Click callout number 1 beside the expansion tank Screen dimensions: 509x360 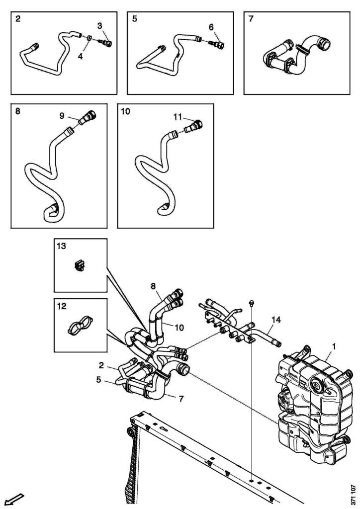tap(335, 345)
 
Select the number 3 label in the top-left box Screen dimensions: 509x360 tap(100, 25)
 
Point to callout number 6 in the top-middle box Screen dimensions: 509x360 tap(211, 27)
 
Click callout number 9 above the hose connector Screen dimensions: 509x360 tap(62, 116)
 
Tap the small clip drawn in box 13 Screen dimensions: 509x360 tap(78, 266)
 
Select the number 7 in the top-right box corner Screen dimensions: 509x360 tap(251, 19)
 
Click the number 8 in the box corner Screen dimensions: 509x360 tap(18, 111)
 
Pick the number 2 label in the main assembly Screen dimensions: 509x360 tap(101, 365)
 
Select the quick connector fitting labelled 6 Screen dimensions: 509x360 tap(217, 45)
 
